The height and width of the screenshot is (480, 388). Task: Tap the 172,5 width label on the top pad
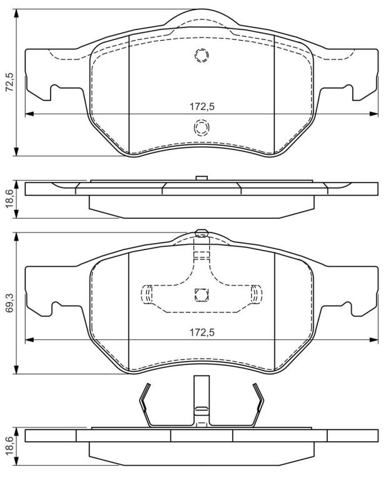tap(202, 107)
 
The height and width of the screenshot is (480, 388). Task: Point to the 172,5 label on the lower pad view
tap(202, 332)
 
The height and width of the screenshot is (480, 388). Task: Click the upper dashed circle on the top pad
tap(202, 56)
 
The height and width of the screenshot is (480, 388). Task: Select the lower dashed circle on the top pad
tap(202, 127)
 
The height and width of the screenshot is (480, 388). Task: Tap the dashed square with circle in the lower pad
tap(202, 295)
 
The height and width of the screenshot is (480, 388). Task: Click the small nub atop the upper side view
tap(202, 178)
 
